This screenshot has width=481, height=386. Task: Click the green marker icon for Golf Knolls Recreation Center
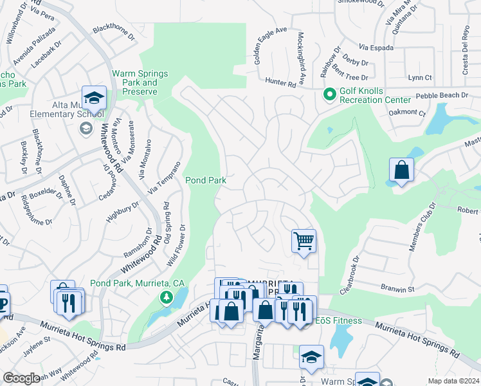point(330,95)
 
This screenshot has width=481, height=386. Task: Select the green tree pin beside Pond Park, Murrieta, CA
point(167,297)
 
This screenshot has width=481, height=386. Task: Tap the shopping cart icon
point(304,241)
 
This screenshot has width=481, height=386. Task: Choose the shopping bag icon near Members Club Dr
point(401,170)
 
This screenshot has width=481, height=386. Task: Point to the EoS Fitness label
point(338,320)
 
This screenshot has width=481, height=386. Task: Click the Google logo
point(21,378)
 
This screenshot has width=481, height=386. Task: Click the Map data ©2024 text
point(453,381)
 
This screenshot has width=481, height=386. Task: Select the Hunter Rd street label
point(280,81)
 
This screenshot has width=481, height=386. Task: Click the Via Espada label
point(376,48)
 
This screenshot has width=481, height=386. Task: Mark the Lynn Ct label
point(419,77)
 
